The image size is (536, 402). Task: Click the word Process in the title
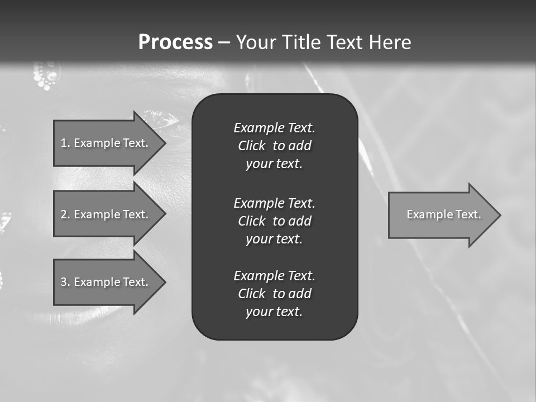pyautogui.click(x=175, y=42)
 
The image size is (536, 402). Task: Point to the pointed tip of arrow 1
pyautogui.click(x=165, y=143)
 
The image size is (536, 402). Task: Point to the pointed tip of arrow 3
pyautogui.click(x=165, y=282)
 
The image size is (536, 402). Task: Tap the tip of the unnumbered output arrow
pyautogui.click(x=500, y=214)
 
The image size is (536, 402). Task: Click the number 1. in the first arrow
pyautogui.click(x=65, y=143)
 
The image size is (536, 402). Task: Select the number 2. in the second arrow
pyautogui.click(x=65, y=214)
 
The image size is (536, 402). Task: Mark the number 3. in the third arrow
pyautogui.click(x=65, y=282)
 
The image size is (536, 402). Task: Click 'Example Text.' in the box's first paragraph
pyautogui.click(x=274, y=128)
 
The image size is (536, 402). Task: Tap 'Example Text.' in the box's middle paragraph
pyautogui.click(x=274, y=203)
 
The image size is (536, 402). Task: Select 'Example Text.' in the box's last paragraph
pyautogui.click(x=274, y=276)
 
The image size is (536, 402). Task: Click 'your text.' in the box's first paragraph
pyautogui.click(x=274, y=164)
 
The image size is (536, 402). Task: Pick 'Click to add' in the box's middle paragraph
pyautogui.click(x=274, y=221)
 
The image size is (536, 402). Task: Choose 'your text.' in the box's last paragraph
pyautogui.click(x=274, y=312)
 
